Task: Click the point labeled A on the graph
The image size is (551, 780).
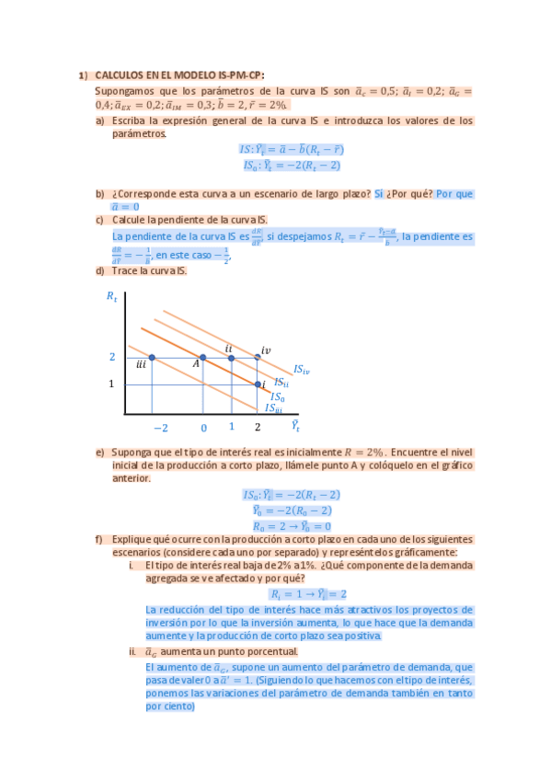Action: coord(203,358)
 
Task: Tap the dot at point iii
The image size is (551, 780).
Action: coord(152,358)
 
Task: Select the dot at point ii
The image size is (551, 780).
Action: coord(231,358)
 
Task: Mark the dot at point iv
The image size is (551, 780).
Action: coord(258,358)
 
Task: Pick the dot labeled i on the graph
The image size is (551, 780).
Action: coord(258,384)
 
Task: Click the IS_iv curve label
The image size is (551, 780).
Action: coord(301,370)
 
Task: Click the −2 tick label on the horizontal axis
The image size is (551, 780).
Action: coord(160,428)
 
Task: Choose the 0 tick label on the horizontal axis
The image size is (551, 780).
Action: coord(203,428)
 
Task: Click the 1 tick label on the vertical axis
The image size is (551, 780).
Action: coord(111,384)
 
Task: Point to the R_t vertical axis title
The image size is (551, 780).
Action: coord(111,296)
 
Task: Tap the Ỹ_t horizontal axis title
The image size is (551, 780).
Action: coord(295,426)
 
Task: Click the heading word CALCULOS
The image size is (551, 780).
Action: coord(119,76)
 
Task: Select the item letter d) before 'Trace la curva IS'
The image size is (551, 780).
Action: coord(99,270)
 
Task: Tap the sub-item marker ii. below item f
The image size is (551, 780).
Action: coord(132,651)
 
